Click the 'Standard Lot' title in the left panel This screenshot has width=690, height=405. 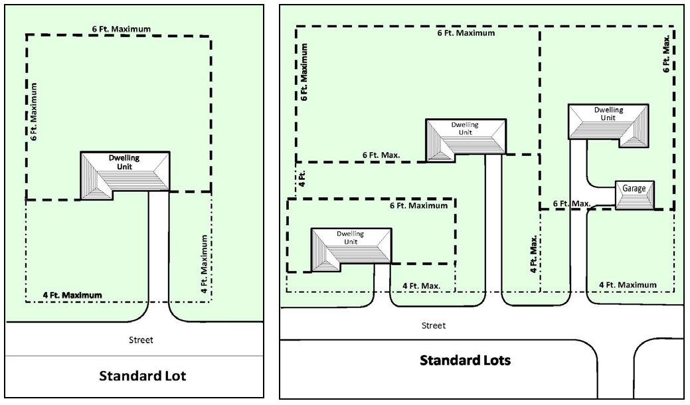pyautogui.click(x=143, y=376)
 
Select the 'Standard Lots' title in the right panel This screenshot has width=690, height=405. pyautogui.click(x=465, y=360)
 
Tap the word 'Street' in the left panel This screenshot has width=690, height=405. pyautogui.click(x=141, y=340)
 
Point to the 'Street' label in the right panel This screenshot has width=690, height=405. pyautogui.click(x=434, y=325)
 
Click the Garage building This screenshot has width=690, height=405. pyautogui.click(x=635, y=195)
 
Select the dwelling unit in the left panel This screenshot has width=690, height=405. pyautogui.click(x=125, y=175)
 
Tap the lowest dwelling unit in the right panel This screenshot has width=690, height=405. pyautogui.click(x=351, y=250)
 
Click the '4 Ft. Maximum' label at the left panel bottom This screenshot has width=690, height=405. pyautogui.click(x=72, y=295)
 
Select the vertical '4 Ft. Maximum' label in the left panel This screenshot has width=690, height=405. pyautogui.click(x=204, y=264)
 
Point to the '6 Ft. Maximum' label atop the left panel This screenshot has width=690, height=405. pyautogui.click(x=122, y=29)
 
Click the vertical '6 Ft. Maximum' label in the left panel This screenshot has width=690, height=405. pyautogui.click(x=34, y=112)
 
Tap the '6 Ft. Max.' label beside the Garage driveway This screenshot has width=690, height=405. pyautogui.click(x=572, y=204)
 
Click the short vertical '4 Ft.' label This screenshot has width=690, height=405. pyautogui.click(x=302, y=179)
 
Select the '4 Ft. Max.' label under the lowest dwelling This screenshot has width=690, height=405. pyautogui.click(x=421, y=286)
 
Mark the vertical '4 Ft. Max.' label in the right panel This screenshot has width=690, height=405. pyautogui.click(x=533, y=254)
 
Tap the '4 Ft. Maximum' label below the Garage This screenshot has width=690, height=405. pyautogui.click(x=628, y=285)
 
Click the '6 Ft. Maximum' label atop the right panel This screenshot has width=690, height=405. pyautogui.click(x=466, y=33)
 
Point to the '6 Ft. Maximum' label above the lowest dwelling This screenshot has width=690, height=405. pyautogui.click(x=418, y=205)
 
